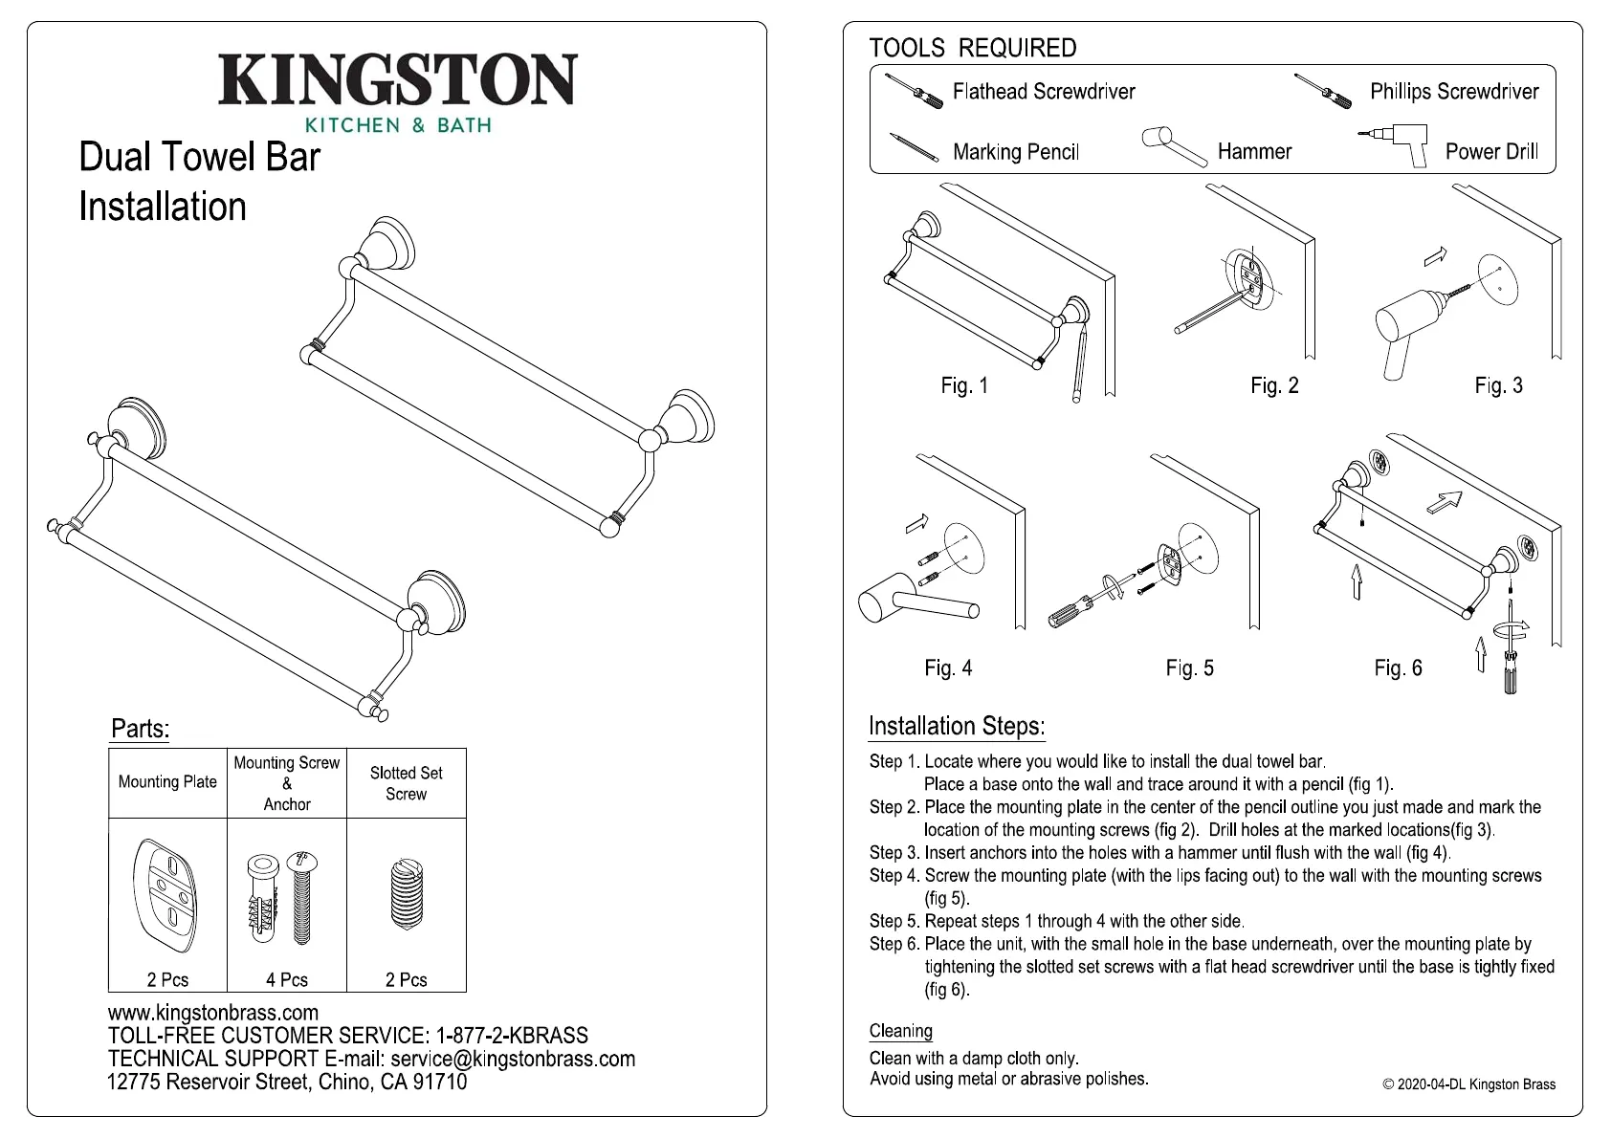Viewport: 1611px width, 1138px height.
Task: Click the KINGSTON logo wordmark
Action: tap(397, 80)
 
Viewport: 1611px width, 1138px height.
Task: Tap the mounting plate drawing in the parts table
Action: tap(167, 897)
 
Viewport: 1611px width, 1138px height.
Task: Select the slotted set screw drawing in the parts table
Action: tap(407, 895)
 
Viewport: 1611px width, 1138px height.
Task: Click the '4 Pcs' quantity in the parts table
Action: tap(287, 980)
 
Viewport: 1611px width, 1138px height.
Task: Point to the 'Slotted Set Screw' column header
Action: tap(407, 783)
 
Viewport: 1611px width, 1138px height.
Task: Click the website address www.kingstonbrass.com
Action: tap(213, 1013)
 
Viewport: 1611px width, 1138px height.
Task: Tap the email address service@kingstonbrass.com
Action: tap(513, 1059)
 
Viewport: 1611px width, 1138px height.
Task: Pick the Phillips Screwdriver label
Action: tap(1454, 92)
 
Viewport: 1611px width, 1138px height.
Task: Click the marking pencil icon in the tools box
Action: tap(914, 147)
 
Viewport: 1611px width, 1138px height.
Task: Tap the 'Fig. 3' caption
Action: tap(1498, 385)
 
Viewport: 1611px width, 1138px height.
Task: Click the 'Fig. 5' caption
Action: tap(1189, 668)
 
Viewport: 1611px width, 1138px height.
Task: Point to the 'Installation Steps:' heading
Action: tap(957, 727)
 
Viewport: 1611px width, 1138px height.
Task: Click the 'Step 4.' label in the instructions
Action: tap(894, 876)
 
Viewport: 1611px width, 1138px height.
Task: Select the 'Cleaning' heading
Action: tap(901, 1031)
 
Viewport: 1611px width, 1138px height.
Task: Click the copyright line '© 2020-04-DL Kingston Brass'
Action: tap(1468, 1084)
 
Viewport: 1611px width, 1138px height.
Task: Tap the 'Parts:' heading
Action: tap(141, 730)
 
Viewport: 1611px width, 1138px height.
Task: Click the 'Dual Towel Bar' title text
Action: tap(200, 158)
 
